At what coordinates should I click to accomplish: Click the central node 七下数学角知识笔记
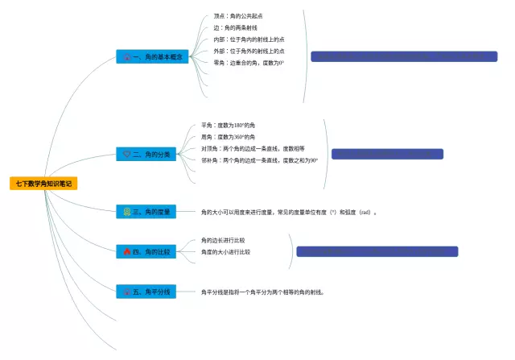coord(43,184)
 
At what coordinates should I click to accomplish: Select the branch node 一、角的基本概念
coord(153,57)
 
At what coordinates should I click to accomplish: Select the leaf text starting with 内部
coord(249,39)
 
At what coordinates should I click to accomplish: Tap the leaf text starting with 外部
coord(249,51)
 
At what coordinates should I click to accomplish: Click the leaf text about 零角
coord(249,62)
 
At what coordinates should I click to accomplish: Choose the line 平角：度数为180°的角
coord(229,126)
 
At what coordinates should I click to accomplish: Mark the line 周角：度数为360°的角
coord(229,137)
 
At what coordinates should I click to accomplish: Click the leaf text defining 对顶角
coord(253,149)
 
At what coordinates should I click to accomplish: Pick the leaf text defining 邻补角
coord(259,160)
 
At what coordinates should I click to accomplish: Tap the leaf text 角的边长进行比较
coord(223,240)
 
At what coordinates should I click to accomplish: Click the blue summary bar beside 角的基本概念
coord(404,56)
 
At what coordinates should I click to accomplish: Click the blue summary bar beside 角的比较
coord(377,251)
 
